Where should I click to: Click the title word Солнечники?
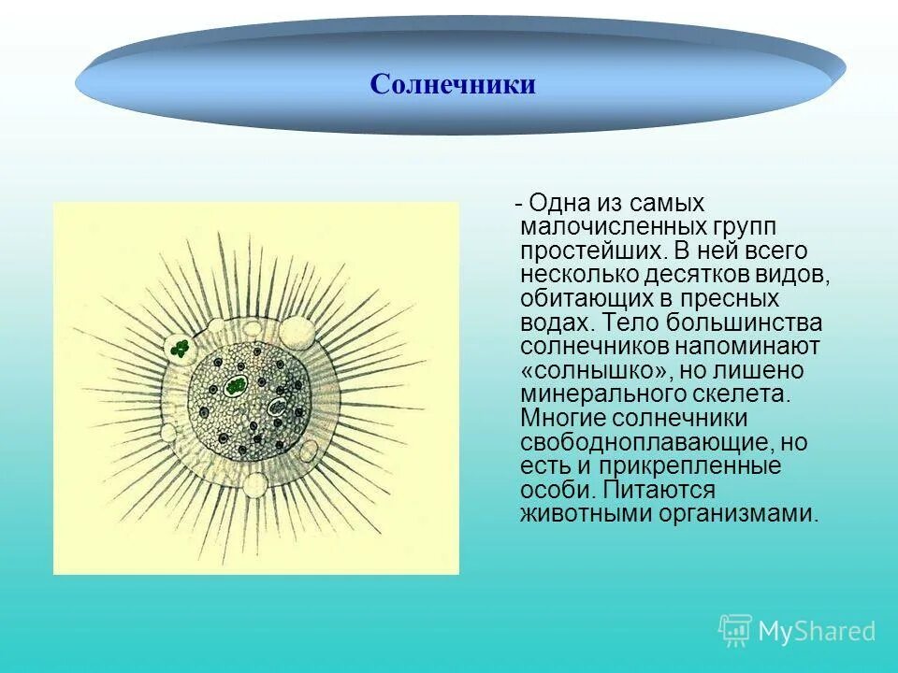(453, 85)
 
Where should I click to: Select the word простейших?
(580, 251)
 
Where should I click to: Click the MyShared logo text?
(817, 631)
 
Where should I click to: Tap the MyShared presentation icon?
(735, 630)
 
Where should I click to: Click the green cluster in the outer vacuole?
(180, 350)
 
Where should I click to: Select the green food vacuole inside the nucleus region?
(238, 385)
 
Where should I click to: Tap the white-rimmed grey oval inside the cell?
(277, 408)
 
